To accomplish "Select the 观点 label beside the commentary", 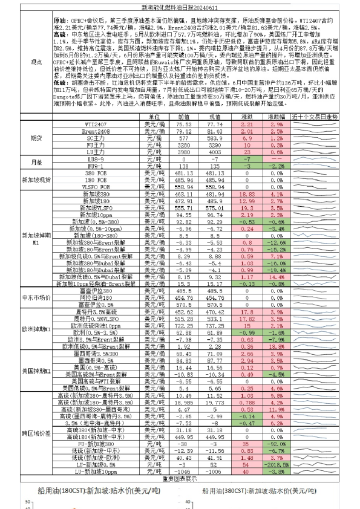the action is click(x=36, y=62).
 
